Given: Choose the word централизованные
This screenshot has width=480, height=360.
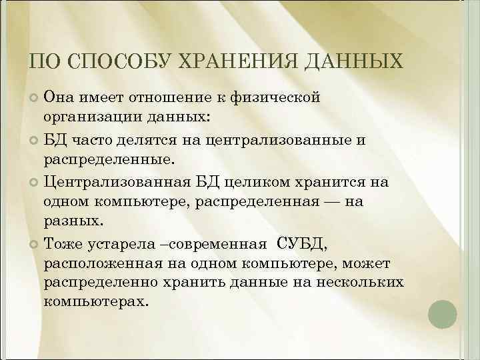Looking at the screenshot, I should [290, 139].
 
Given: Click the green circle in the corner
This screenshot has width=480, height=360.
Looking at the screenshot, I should [441, 313].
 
